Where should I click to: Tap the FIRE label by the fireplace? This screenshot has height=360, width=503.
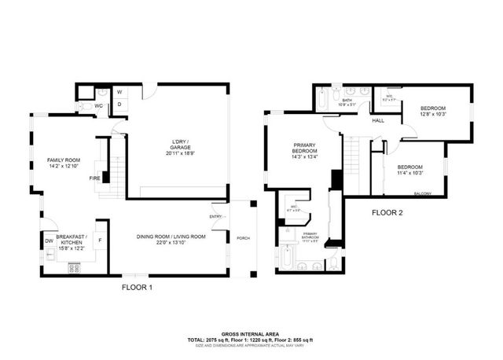[94, 178]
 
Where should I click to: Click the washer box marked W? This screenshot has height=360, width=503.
[119, 91]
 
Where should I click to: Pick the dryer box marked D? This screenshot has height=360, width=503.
[119, 104]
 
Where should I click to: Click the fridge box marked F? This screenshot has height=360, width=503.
[101, 240]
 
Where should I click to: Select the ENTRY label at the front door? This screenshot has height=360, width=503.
[215, 216]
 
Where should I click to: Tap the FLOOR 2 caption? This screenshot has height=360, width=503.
[387, 212]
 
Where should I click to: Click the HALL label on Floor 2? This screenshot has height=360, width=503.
[378, 120]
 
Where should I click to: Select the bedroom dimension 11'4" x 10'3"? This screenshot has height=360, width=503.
[410, 173]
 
